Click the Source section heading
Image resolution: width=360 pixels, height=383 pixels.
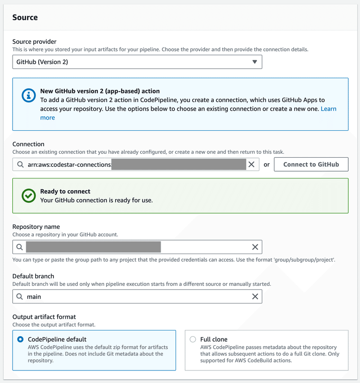coord(25,18)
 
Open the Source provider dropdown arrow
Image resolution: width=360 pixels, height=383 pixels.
coord(255,62)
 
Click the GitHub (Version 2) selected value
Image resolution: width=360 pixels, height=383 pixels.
coord(42,62)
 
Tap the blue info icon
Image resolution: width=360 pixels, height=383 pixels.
coord(29,96)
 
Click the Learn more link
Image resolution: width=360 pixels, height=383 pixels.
coord(328,109)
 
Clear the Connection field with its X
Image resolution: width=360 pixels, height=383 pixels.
coord(252,165)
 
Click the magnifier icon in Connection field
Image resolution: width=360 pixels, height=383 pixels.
coord(20,165)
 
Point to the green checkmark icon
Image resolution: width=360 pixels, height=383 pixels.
coord(29,196)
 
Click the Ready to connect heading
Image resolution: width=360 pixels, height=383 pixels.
coord(65,191)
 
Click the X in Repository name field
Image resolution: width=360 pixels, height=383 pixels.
coord(255,247)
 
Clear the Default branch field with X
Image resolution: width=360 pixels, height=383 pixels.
coord(255,297)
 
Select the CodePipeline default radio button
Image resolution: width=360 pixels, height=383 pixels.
coord(20,339)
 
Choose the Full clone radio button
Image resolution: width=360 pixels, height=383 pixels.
coord(193,339)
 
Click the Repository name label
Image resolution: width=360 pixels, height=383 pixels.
coord(36,227)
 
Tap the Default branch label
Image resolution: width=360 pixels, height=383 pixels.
coord(33,276)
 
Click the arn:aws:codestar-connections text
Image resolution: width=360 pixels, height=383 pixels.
coord(69,165)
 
